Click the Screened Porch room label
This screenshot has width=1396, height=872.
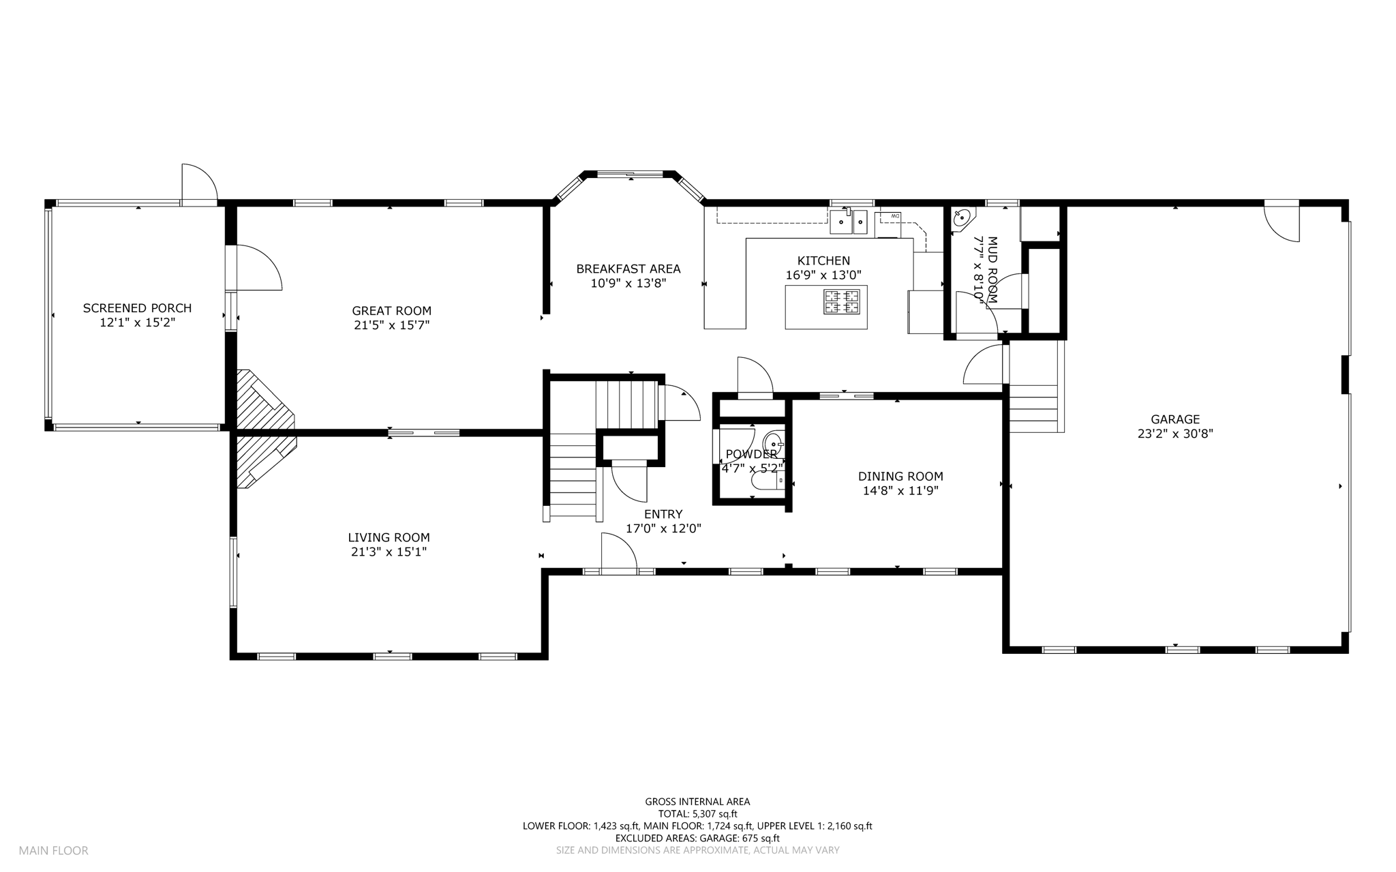coord(137,308)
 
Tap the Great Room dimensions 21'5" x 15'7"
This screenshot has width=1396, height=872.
coord(391,326)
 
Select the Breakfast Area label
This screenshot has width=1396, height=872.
coord(628,269)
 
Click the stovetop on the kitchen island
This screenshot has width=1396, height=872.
coord(842,301)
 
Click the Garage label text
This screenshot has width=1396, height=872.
coord(1175,419)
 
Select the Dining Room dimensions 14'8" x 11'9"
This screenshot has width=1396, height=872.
coord(900,490)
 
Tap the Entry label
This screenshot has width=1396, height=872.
coord(663,514)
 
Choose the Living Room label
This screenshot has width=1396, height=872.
coord(389,537)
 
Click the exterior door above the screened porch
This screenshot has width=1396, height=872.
coord(199,183)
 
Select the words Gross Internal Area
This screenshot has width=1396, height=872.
coord(697,802)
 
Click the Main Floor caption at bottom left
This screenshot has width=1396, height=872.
coord(53,850)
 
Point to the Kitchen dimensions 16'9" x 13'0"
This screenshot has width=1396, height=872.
coord(823,275)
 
